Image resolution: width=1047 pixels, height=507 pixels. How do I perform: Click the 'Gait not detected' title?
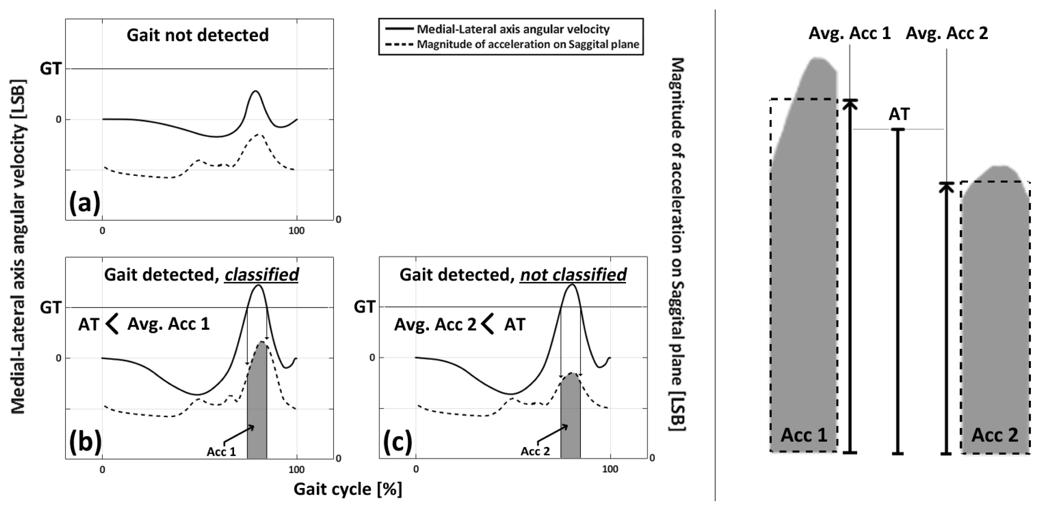pyautogui.click(x=197, y=35)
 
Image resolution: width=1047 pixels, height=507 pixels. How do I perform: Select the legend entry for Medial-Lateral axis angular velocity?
pyautogui.click(x=513, y=30)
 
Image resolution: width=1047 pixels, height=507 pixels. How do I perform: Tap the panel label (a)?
pyautogui.click(x=84, y=203)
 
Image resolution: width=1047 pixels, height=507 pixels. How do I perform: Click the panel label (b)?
pyautogui.click(x=85, y=442)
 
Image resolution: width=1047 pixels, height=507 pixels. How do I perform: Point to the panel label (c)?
pyautogui.click(x=398, y=442)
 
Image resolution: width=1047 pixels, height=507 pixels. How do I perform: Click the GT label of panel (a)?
pyautogui.click(x=50, y=69)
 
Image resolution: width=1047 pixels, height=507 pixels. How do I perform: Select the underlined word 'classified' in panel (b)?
pyautogui.click(x=262, y=275)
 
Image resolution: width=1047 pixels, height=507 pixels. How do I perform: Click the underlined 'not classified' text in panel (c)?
pyautogui.click(x=573, y=275)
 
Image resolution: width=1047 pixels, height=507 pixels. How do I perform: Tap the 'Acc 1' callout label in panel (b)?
pyautogui.click(x=221, y=452)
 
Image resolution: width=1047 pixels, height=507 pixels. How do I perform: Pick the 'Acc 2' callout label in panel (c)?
pyautogui.click(x=535, y=451)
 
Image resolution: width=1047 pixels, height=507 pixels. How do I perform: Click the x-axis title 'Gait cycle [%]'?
pyautogui.click(x=347, y=489)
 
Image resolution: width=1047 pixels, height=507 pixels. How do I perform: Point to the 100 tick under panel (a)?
pyautogui.click(x=296, y=231)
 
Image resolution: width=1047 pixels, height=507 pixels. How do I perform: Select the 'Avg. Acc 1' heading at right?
pyautogui.click(x=850, y=33)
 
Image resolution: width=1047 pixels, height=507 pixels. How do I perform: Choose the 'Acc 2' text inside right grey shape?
pyautogui.click(x=995, y=435)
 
